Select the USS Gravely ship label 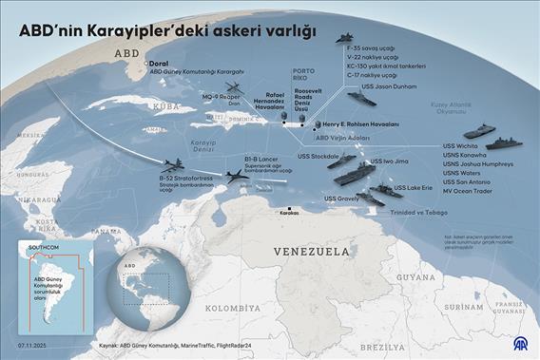point(341,199)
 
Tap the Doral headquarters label point(159,64)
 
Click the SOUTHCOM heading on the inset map point(46,245)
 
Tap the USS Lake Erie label point(413,187)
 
